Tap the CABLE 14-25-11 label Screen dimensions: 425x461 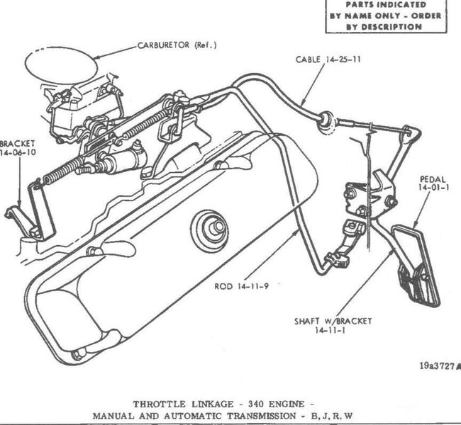point(328,60)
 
